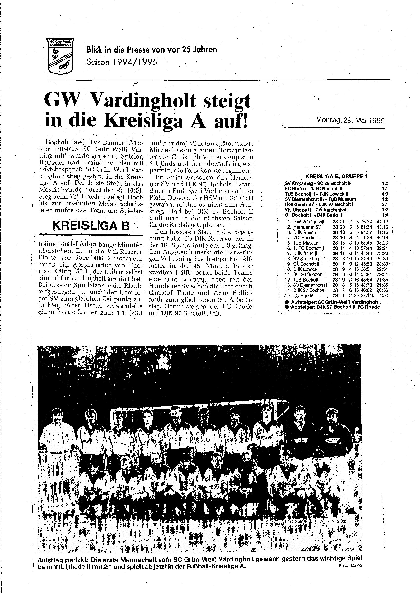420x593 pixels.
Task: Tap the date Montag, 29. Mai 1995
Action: (350, 120)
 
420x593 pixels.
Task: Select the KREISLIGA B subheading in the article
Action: (91, 226)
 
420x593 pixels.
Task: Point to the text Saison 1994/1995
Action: (122, 62)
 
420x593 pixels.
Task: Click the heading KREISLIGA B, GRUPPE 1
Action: (336, 176)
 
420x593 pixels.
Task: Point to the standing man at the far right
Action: (334, 445)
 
